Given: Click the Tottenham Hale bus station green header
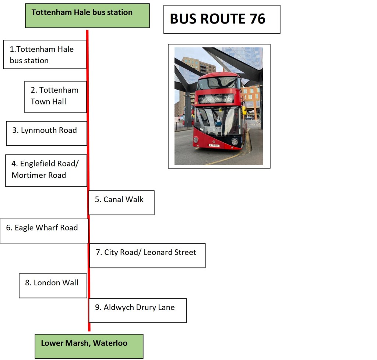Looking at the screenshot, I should [87, 15].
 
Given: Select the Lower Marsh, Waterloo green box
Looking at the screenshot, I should [89, 346].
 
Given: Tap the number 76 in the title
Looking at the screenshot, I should [257, 19].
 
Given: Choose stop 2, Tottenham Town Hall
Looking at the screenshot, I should [56, 97].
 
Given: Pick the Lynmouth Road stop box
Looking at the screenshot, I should [46, 133].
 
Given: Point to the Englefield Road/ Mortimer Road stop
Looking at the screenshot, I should [46, 170].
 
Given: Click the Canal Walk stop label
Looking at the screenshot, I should [121, 202].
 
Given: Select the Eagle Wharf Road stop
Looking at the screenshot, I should [44, 231].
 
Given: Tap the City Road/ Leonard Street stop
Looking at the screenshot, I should [147, 255].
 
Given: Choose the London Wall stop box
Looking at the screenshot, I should [53, 285].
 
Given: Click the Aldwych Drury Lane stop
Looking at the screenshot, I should [137, 310].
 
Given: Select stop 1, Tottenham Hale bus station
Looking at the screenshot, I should [45, 54].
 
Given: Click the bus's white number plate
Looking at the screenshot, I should [214, 146].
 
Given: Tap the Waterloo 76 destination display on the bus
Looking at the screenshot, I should [216, 99].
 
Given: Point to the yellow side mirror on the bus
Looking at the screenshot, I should [244, 110].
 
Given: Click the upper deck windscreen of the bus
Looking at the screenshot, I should [217, 83].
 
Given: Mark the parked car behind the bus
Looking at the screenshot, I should [250, 118].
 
